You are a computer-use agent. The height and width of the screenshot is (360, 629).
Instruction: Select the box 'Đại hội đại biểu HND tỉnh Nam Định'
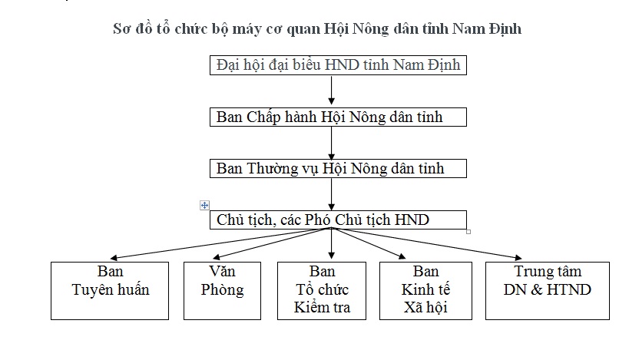(x=338, y=65)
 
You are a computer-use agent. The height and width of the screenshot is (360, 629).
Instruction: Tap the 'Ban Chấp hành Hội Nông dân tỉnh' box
(x=338, y=117)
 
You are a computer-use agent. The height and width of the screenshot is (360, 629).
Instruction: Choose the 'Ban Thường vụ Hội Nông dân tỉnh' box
(x=338, y=168)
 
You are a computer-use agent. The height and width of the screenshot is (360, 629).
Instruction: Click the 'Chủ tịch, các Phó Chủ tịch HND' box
(x=338, y=220)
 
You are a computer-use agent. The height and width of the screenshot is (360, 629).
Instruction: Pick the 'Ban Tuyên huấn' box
(x=110, y=291)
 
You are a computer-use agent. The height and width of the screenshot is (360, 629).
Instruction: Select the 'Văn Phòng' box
(x=222, y=291)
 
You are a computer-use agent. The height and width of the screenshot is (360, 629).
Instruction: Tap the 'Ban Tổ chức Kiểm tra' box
(x=322, y=291)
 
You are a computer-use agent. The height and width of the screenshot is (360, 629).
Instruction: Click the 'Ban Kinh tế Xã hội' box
(x=425, y=291)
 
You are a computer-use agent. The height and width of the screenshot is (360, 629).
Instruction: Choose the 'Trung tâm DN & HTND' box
(x=548, y=291)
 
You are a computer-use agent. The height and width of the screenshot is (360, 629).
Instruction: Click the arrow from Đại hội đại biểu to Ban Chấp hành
(x=331, y=91)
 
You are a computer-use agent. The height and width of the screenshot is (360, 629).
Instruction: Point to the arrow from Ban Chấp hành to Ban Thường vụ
(x=331, y=143)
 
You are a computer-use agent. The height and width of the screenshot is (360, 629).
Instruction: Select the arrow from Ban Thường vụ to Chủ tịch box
(x=331, y=194)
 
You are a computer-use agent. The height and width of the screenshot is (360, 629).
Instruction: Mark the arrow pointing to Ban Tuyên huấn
(x=220, y=243)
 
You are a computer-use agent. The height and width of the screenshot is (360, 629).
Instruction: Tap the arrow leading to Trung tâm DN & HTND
(x=427, y=243)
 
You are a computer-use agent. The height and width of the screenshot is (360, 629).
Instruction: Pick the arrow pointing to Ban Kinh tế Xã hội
(x=369, y=243)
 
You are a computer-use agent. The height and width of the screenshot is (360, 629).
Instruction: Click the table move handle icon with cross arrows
(x=204, y=205)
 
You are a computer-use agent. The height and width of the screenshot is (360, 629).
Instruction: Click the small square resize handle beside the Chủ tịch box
(x=468, y=232)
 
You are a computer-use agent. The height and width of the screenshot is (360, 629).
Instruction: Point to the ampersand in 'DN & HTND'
(x=536, y=290)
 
